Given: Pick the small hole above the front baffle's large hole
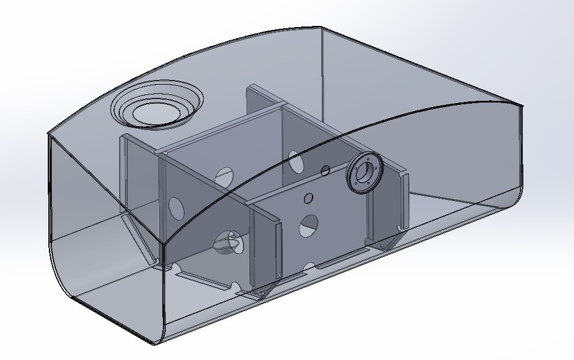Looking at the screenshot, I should point(308,198).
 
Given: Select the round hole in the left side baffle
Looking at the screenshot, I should point(176,208).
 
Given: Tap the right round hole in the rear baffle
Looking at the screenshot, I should point(295,162).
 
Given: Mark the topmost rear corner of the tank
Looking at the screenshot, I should point(321,26).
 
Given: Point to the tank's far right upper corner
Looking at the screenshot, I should point(521,105).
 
